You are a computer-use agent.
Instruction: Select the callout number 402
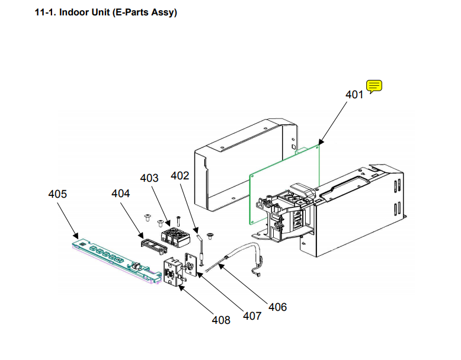tap(180, 176)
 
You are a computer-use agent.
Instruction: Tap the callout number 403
tap(149, 178)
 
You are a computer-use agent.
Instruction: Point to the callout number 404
tap(121, 193)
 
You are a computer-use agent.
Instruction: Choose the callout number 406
tap(277, 307)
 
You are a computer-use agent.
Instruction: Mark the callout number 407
tap(252, 316)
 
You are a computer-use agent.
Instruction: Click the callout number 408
tap(221, 320)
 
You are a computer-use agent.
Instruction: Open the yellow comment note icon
tap(374, 86)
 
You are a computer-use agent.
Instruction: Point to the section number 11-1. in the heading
tap(47, 12)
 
